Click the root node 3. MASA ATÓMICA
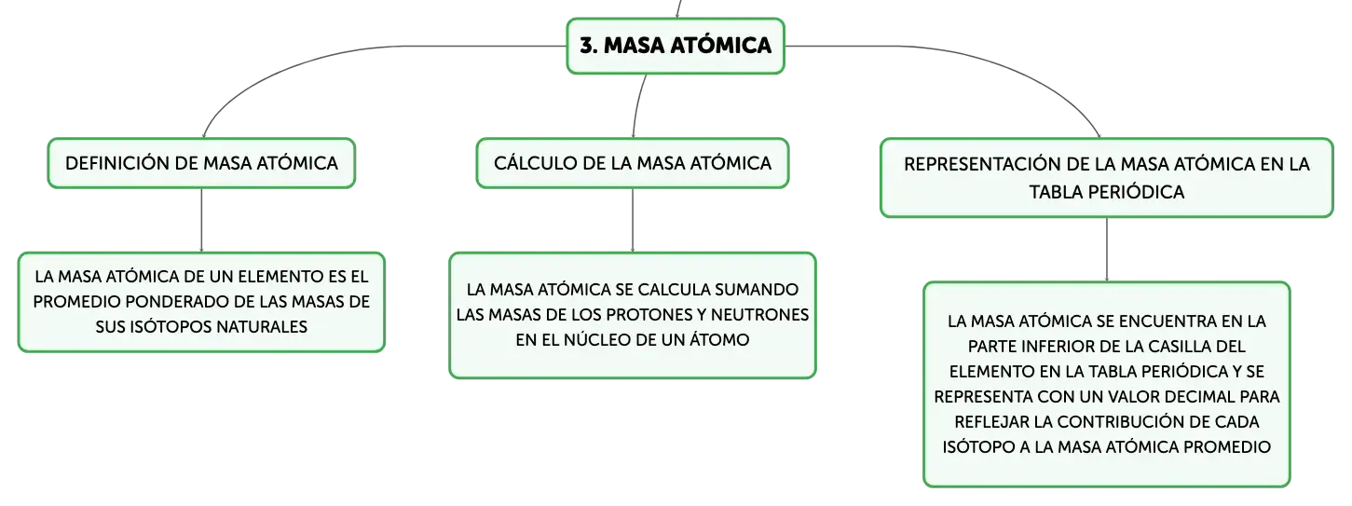point(676,46)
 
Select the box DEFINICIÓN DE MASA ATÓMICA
point(201,163)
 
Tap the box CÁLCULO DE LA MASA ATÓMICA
point(633,163)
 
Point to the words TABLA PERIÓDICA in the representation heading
point(1106,192)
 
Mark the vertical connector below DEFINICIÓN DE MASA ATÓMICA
point(201,220)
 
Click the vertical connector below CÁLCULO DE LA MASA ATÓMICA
point(633,220)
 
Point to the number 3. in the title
point(589,46)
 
